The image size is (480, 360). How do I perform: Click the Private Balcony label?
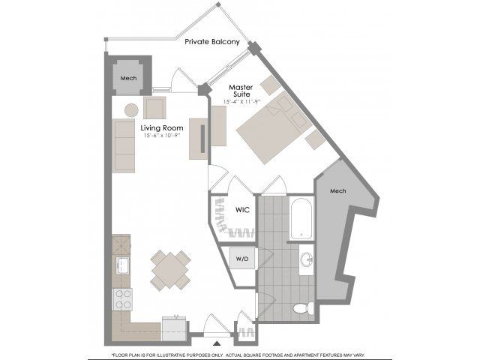(x=212, y=42)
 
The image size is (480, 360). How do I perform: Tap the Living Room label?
(x=162, y=128)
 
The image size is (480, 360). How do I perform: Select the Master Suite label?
(x=241, y=91)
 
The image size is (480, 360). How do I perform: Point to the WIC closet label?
(x=242, y=210)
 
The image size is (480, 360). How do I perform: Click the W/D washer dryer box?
(x=242, y=259)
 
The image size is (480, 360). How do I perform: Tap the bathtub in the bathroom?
(x=301, y=218)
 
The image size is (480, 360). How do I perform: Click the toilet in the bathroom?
(x=303, y=308)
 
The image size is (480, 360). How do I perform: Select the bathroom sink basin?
(x=307, y=259)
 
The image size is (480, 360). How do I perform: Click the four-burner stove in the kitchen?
(x=122, y=299)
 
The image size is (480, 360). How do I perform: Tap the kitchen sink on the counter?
(x=122, y=265)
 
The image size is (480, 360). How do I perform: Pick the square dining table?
(x=170, y=271)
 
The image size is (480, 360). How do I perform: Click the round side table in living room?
(x=131, y=110)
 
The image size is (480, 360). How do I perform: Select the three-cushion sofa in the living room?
(x=124, y=146)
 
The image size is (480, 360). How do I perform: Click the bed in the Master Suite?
(x=274, y=128)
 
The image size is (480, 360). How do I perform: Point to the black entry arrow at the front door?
(x=217, y=343)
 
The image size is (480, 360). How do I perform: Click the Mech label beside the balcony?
(x=128, y=78)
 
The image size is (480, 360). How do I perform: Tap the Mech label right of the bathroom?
(x=338, y=191)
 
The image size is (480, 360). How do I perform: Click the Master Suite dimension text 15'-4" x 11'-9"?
(x=240, y=102)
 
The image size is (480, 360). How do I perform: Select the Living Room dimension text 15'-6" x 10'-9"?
(x=162, y=136)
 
